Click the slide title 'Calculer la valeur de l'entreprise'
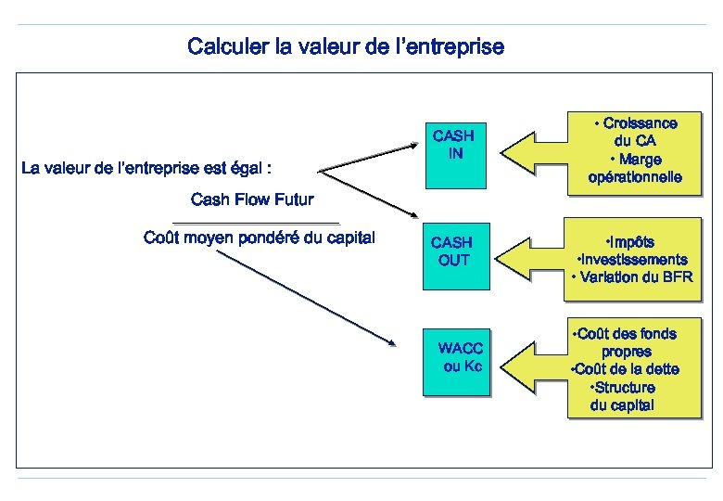click(346, 46)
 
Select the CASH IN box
click(454, 145)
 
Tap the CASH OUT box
click(453, 251)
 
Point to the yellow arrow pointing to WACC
click(538, 362)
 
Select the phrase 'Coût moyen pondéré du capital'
click(260, 238)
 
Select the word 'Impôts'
click(630, 243)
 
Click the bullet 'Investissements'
click(632, 260)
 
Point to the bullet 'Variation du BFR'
click(632, 276)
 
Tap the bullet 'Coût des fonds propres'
click(627, 342)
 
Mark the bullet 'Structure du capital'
click(623, 396)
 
